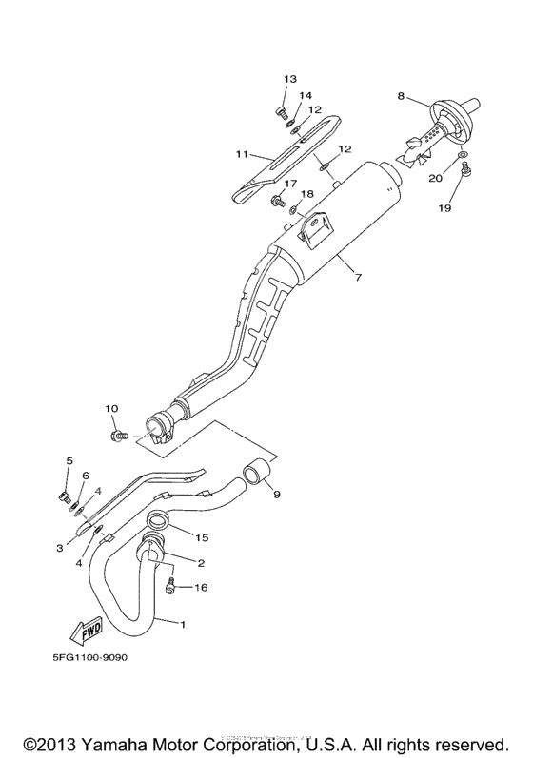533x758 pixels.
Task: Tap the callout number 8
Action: tap(401, 96)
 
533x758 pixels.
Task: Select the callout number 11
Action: tap(242, 153)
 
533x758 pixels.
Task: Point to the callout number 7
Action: tap(358, 278)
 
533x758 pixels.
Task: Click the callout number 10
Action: tap(111, 409)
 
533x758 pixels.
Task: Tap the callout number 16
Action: tap(201, 588)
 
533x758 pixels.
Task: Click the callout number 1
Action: tap(184, 624)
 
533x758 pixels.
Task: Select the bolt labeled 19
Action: tap(465, 169)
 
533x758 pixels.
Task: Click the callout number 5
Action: tap(69, 461)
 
